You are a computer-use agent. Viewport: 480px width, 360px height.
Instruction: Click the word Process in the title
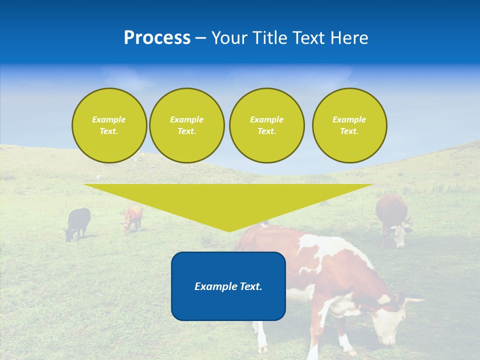(157, 38)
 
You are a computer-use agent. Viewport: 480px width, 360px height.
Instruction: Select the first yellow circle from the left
(109, 125)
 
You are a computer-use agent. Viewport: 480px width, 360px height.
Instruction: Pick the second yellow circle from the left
(187, 125)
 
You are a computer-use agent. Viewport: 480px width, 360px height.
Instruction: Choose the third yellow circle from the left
(266, 125)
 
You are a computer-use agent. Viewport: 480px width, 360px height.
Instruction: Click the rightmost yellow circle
(349, 125)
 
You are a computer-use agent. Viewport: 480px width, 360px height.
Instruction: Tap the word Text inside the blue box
(248, 286)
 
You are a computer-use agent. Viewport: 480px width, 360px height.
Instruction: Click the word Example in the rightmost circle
(349, 119)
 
